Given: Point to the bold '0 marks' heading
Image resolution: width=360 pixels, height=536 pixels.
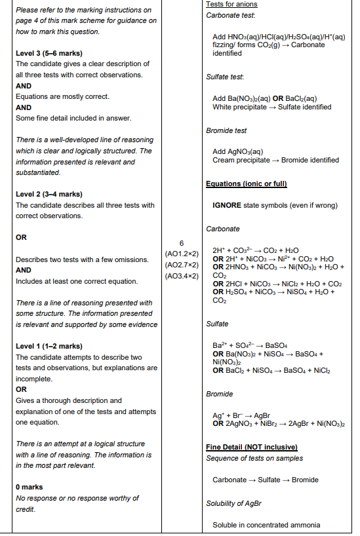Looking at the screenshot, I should (30, 488).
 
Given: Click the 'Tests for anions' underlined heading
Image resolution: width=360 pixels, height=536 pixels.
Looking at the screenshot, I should (231, 5).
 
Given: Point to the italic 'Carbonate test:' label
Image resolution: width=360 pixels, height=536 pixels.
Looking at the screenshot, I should (230, 15).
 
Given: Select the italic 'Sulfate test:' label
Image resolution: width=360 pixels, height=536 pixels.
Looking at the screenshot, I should (225, 77).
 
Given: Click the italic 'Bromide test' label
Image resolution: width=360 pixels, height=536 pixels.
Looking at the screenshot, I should (226, 131).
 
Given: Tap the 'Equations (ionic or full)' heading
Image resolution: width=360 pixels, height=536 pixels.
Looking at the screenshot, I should (247, 183).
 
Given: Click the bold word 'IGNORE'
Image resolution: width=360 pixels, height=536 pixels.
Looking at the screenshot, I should (227, 205).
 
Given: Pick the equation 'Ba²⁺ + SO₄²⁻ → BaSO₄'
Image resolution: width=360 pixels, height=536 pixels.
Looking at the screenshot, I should (250, 345).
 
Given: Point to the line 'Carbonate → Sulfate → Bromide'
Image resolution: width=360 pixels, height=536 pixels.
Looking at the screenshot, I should (266, 480).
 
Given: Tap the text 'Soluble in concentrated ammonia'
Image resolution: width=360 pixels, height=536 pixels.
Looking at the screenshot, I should (266, 525).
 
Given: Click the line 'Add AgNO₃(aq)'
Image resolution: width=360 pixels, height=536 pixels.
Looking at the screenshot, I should (237, 151).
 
